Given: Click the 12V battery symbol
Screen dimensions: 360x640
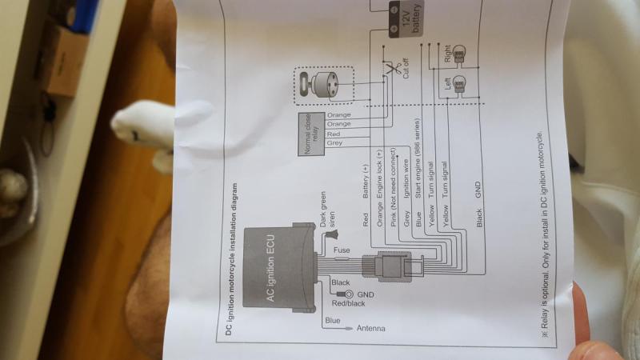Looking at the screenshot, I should click(x=404, y=18).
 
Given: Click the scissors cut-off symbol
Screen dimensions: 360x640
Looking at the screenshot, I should click(x=392, y=69).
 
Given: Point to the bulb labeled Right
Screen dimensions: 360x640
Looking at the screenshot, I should click(x=459, y=54).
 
